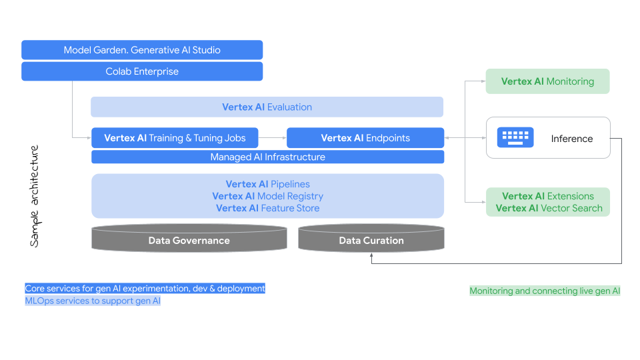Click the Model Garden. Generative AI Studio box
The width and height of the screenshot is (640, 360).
(142, 50)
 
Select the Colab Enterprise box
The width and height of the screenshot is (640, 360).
(142, 71)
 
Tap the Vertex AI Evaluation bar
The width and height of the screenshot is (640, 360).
(267, 107)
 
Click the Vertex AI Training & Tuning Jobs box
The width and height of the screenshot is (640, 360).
(175, 138)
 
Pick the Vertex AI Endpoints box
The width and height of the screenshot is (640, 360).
(365, 138)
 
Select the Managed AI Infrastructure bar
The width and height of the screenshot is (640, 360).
(267, 157)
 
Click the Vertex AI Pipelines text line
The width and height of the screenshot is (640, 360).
(267, 184)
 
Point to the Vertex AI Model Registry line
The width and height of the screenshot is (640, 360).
(267, 196)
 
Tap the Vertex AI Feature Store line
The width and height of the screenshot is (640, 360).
(267, 208)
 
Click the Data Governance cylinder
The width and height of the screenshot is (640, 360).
(189, 241)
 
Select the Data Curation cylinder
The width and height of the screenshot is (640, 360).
(371, 241)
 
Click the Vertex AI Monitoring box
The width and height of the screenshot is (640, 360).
(547, 81)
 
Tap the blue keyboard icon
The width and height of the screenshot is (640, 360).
(515, 138)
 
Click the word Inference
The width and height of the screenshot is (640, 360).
(571, 139)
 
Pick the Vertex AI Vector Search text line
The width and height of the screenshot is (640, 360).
(549, 208)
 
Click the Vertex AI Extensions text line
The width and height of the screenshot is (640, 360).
(548, 196)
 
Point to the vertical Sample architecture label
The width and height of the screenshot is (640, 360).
(35, 196)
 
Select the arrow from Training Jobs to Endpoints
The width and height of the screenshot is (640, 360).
(272, 138)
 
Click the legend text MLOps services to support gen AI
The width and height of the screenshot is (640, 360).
(93, 301)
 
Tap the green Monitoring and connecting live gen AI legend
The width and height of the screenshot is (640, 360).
(545, 291)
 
